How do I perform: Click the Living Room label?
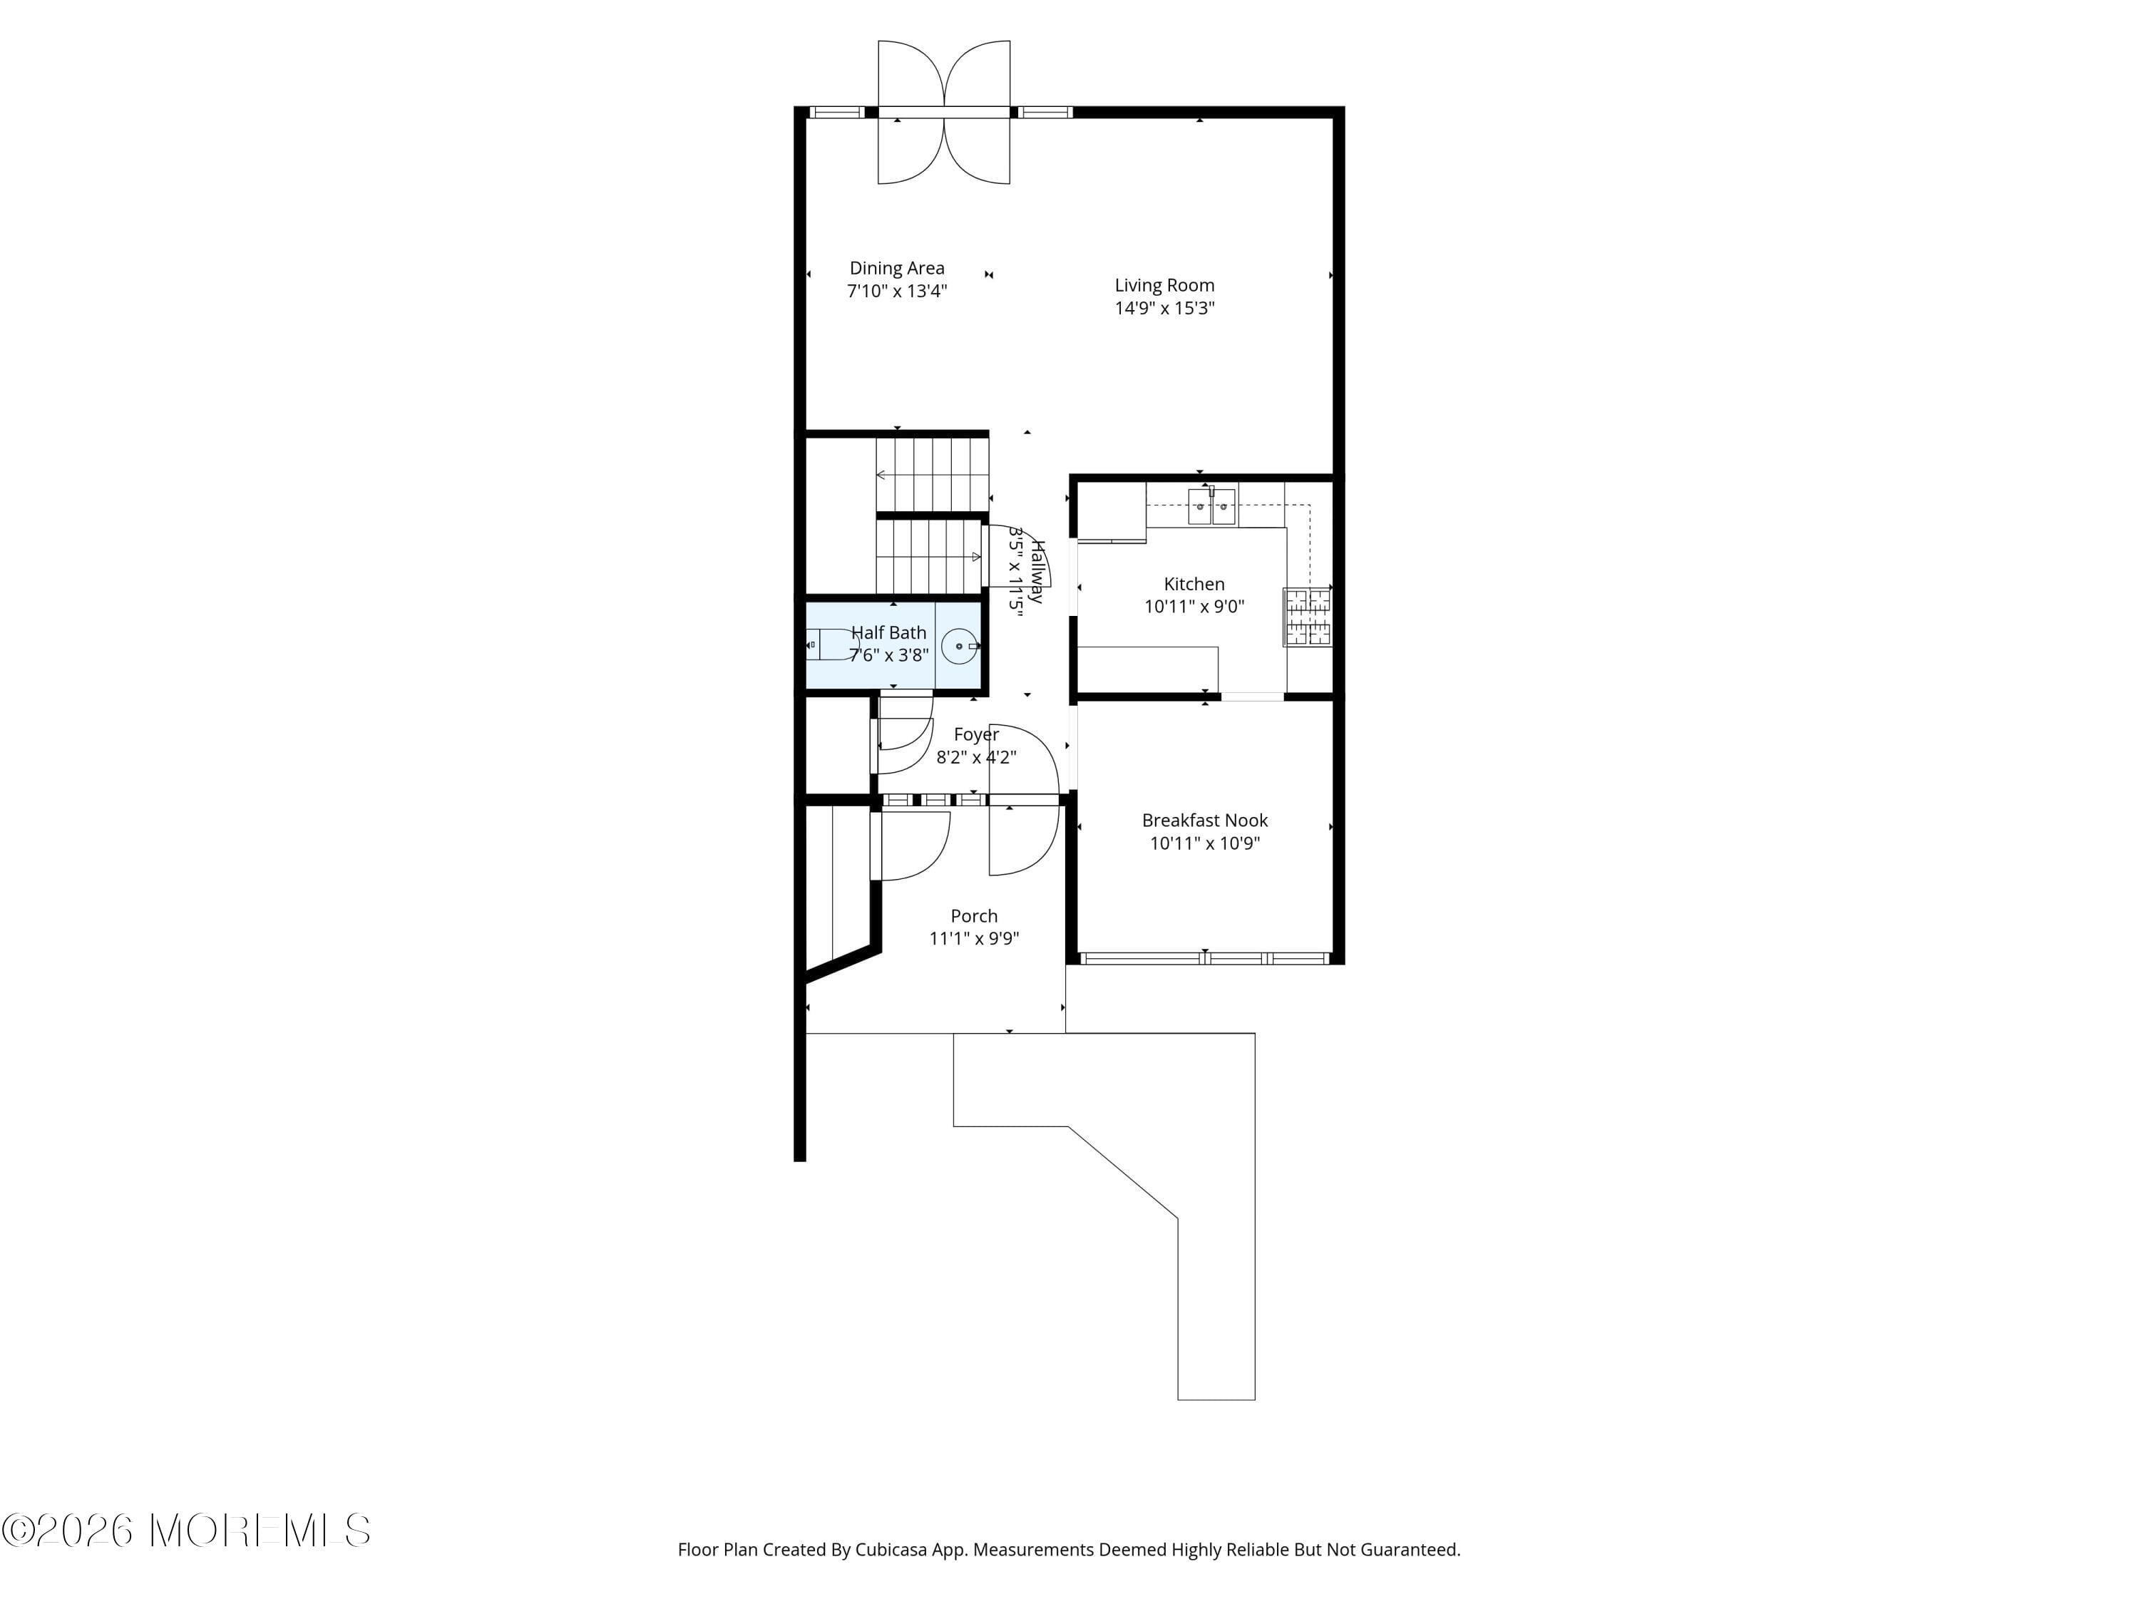pos(1164,285)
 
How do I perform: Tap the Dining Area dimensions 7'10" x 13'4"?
pos(896,291)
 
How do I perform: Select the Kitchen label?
pos(1194,584)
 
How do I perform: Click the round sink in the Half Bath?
pos(959,646)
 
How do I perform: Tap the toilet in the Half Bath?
pos(831,644)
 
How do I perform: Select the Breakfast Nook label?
pos(1204,820)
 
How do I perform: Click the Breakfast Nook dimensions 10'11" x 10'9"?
pos(1204,843)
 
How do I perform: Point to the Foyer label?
pos(975,735)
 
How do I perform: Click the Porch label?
pos(974,915)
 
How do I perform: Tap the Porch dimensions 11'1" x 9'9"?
pos(974,939)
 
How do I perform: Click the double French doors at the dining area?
pos(944,112)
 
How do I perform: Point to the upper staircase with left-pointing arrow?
pos(931,475)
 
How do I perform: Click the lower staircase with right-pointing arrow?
pos(928,557)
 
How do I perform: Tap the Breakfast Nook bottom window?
pos(1205,958)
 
